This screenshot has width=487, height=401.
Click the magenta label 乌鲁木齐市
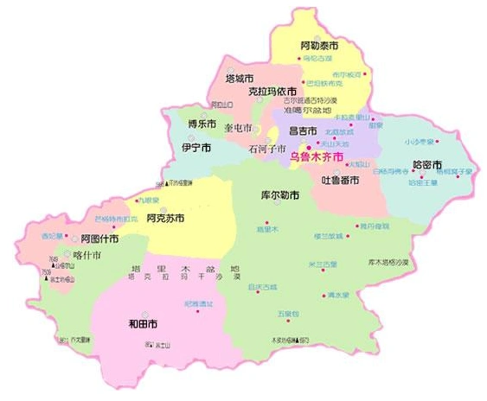coord(316,158)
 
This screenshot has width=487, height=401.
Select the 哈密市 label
coord(427,164)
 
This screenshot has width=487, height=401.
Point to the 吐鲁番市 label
coord(339,181)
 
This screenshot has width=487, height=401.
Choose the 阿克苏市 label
coord(164,219)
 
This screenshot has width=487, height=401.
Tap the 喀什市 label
coord(87,256)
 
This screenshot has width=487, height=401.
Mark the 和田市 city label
coord(142,325)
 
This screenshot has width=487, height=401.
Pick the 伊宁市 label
coord(196,148)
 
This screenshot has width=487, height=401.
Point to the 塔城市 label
coord(239,78)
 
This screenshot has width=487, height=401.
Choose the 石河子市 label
coord(266,149)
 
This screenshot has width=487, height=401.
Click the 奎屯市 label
coord(238,127)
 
